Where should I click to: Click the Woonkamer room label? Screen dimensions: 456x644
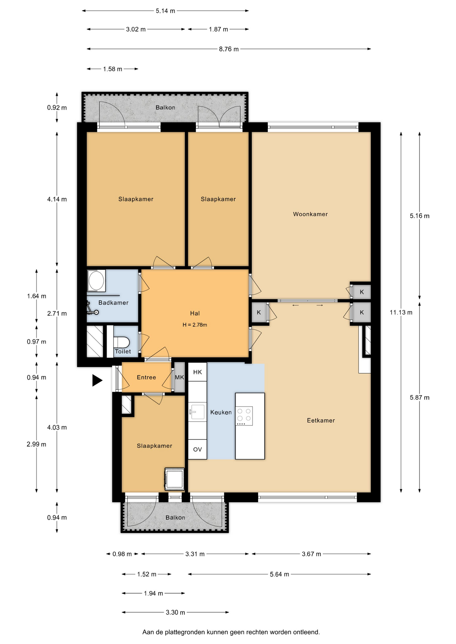(310, 214)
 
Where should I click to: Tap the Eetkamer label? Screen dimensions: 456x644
(321, 420)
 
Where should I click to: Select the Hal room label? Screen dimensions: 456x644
(195, 313)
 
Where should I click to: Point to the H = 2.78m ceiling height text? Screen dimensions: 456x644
(195, 325)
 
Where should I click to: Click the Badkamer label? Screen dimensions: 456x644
(113, 303)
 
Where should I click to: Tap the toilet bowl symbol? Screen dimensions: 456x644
(122, 342)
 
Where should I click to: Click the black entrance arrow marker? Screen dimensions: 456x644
(97, 380)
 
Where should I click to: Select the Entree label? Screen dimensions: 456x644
(146, 377)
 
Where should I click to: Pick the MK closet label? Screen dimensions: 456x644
(179, 377)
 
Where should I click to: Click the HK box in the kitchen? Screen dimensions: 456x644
(197, 372)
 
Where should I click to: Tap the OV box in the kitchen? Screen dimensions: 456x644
(197, 449)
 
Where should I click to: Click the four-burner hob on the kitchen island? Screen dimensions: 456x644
(244, 416)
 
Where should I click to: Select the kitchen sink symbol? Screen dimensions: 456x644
(197, 411)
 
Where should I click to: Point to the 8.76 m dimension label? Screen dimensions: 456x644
(229, 49)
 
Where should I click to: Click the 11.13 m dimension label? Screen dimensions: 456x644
(401, 312)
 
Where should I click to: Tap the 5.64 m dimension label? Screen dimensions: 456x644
(279, 574)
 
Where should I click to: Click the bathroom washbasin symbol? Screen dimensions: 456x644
(96, 280)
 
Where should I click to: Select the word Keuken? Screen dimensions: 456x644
(221, 412)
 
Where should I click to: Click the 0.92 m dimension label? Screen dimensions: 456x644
(57, 108)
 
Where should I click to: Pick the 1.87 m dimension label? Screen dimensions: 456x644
(218, 30)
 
